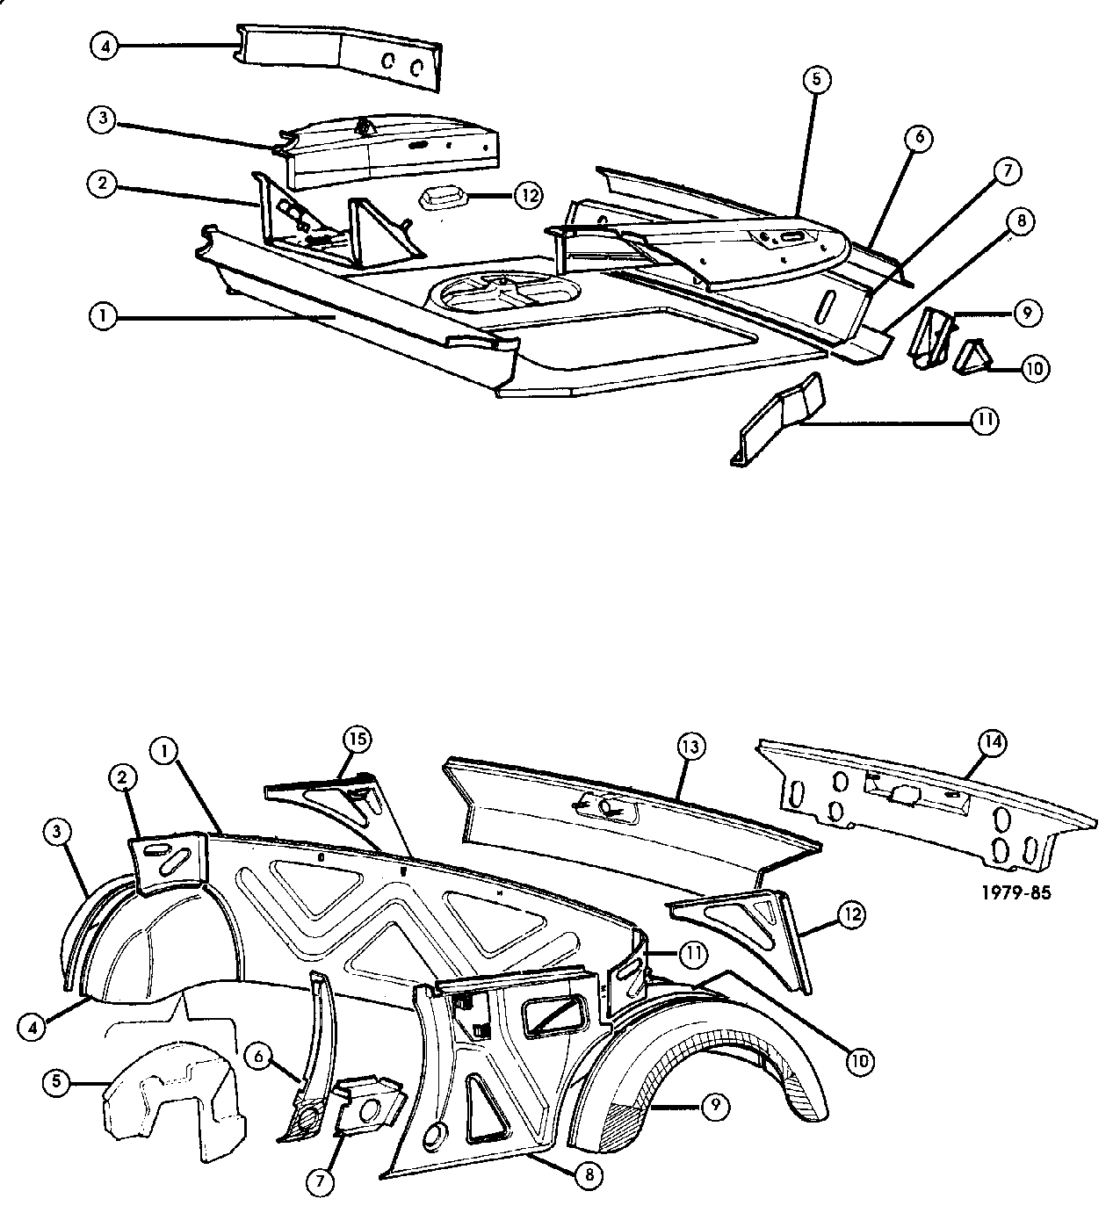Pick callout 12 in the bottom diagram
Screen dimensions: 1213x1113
pyautogui.click(x=852, y=916)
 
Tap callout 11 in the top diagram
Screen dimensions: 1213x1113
pyautogui.click(x=985, y=422)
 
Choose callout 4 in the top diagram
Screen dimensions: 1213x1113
pyautogui.click(x=105, y=45)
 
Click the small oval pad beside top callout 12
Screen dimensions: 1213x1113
pyautogui.click(x=445, y=198)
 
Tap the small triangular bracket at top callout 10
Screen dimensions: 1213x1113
pyautogui.click(x=971, y=357)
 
